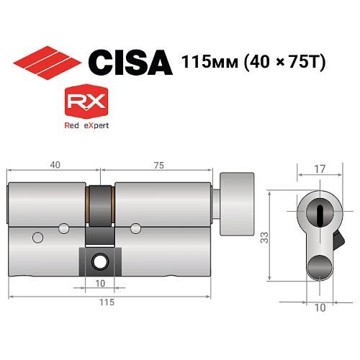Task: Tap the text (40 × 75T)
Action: click(x=287, y=63)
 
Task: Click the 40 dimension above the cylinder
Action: click(x=54, y=165)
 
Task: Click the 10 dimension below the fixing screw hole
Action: click(x=101, y=282)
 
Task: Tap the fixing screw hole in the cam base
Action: click(x=101, y=260)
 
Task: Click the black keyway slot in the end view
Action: click(x=320, y=212)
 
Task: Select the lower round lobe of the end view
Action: click(x=320, y=268)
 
